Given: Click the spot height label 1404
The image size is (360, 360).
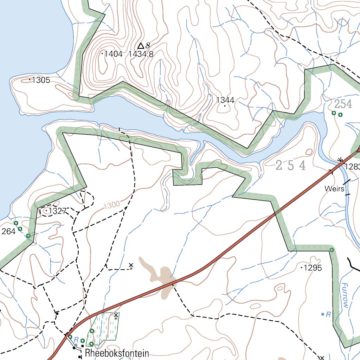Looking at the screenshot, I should [113, 54].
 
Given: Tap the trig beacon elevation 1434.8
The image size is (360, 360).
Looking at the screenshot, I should [141, 54].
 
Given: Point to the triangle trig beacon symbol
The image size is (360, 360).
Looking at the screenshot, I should [141, 46].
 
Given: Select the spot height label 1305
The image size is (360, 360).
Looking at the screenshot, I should [41, 80].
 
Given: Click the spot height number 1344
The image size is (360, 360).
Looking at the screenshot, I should [225, 101].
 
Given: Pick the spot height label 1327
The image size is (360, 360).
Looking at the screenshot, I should [58, 211].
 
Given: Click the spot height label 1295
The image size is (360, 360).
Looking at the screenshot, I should [313, 268].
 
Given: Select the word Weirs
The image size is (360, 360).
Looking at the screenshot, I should [334, 189].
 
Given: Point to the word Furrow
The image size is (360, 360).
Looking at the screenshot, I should [345, 296].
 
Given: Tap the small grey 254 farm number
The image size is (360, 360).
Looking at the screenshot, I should [343, 104].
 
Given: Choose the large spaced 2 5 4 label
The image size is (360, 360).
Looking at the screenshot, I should [290, 166].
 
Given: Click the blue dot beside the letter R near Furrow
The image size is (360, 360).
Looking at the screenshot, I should [323, 314].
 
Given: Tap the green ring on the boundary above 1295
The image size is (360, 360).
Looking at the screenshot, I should [331, 250].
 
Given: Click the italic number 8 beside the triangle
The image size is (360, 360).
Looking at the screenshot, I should [148, 45].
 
